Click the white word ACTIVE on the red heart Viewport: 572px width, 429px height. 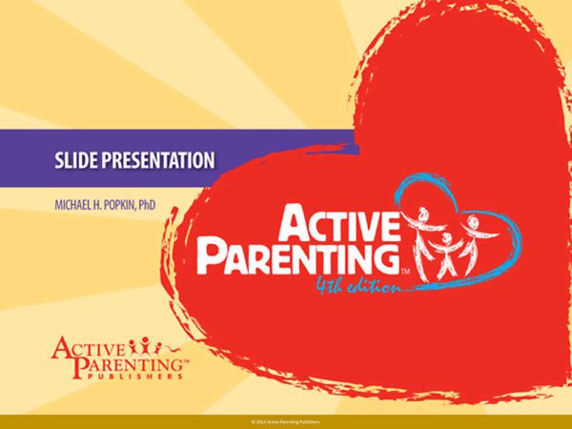click(x=337, y=222)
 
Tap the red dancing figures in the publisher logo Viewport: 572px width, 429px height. click(x=140, y=343)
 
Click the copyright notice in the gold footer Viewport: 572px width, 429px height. click(x=286, y=420)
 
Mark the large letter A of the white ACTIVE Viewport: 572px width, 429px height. click(x=296, y=219)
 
